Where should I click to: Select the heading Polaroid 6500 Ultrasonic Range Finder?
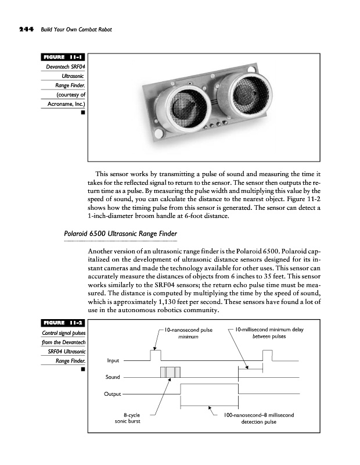pyautogui.click(x=120, y=234)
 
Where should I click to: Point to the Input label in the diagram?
pyautogui.click(x=113, y=361)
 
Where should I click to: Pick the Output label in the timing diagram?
pyautogui.click(x=112, y=394)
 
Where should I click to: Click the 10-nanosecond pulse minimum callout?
pyautogui.click(x=188, y=333)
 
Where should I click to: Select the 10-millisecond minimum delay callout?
pyautogui.click(x=270, y=333)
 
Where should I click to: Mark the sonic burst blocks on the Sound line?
pyautogui.click(x=170, y=372)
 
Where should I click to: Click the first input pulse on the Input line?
pyautogui.click(x=155, y=355)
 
